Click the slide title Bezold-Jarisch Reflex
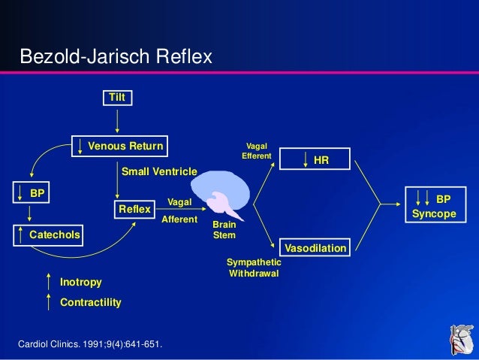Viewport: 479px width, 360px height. coord(116,56)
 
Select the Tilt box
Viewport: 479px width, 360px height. coord(117,98)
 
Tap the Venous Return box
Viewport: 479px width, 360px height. coord(117,145)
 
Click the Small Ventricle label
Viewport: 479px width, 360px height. coord(158,171)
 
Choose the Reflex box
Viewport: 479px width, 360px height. coord(134,209)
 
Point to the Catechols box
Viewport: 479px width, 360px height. coord(48,236)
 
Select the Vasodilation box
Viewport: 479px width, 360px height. coord(314,247)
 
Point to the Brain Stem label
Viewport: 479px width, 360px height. coord(224,230)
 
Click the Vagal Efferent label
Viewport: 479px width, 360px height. coord(255,151)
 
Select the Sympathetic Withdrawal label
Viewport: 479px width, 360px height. coord(255,268)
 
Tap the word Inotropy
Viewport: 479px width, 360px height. coord(80,282)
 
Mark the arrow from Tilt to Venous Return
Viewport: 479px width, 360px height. coord(117,121)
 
